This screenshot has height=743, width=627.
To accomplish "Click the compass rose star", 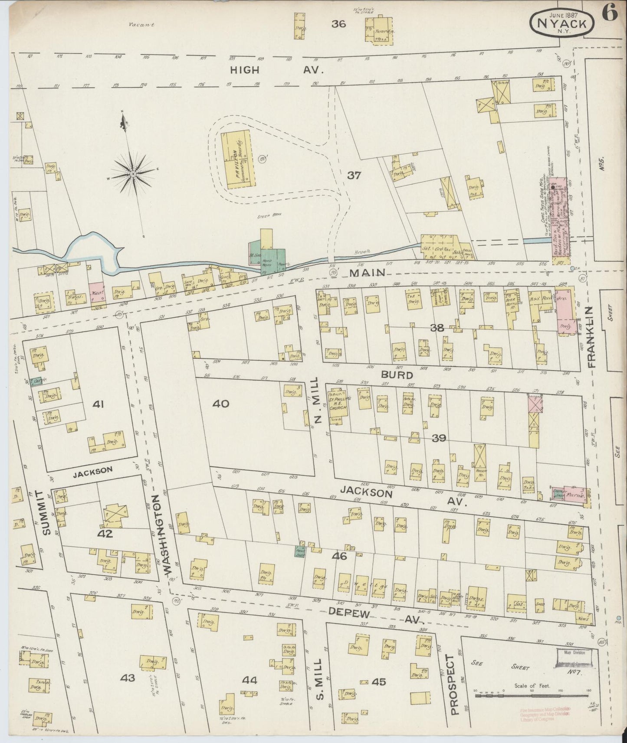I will point(133,174).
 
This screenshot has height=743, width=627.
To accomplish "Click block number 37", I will point(354,176).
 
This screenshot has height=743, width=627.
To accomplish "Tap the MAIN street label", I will point(367,272).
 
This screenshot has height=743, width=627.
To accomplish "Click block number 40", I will point(220,404).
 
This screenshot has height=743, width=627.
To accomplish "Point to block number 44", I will point(250,681).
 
